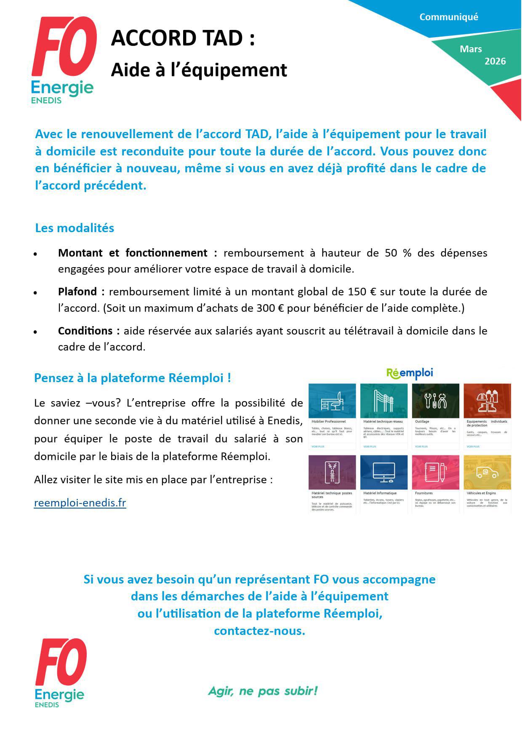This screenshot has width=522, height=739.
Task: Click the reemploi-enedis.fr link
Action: click(80, 503)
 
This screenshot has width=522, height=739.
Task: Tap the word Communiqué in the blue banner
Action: click(449, 17)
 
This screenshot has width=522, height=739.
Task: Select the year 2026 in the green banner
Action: click(495, 61)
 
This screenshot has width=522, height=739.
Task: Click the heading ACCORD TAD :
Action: click(183, 38)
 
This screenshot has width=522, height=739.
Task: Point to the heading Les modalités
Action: click(75, 228)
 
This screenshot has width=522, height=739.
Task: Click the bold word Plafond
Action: click(77, 292)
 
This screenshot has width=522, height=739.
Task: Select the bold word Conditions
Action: click(85, 331)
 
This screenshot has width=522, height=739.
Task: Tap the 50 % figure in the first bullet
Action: click(398, 253)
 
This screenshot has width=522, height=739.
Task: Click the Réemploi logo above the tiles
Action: click(410, 373)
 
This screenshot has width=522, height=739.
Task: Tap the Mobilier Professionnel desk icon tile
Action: click(332, 401)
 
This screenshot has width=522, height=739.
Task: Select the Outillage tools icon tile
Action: click(435, 401)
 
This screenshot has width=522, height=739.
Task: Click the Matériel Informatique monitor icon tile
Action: click(384, 472)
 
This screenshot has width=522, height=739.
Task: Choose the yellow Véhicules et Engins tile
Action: click(487, 472)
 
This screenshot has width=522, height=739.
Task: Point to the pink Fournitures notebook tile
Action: click(435, 472)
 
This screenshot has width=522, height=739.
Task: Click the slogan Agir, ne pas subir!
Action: click(263, 691)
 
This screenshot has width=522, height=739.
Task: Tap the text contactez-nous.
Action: click(259, 631)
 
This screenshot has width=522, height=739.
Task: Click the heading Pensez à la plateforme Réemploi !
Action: click(133, 378)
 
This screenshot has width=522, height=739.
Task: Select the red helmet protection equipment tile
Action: click(487, 401)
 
